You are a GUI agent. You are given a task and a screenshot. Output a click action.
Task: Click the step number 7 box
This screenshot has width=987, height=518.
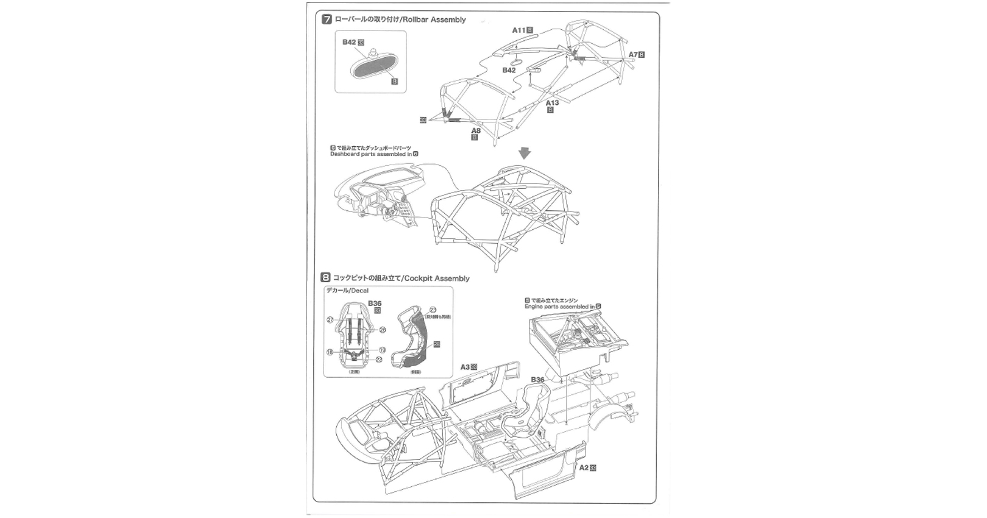(327, 20)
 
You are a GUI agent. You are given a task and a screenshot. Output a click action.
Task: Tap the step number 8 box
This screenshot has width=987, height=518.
(326, 278)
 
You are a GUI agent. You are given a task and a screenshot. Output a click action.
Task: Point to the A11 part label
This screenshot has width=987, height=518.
(518, 30)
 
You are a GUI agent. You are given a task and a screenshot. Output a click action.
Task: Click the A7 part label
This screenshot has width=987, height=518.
(633, 55)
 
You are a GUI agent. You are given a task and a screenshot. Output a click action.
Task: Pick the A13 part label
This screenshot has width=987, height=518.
(552, 103)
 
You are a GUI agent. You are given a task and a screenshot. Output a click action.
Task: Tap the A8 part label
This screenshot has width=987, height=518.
(476, 130)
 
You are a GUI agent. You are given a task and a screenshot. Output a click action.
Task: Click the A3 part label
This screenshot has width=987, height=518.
(465, 367)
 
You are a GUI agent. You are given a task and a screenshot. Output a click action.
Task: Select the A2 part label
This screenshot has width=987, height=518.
(584, 467)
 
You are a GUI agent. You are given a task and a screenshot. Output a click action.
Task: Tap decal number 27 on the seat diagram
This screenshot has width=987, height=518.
(330, 319)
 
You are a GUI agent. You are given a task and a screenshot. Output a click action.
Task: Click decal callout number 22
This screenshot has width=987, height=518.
(379, 360)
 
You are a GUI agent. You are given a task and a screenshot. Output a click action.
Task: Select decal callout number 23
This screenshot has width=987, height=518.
(433, 310)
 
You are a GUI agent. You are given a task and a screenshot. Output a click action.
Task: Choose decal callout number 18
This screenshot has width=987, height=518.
(330, 352)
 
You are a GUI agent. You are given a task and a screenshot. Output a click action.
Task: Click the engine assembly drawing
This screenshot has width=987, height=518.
(576, 338)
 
